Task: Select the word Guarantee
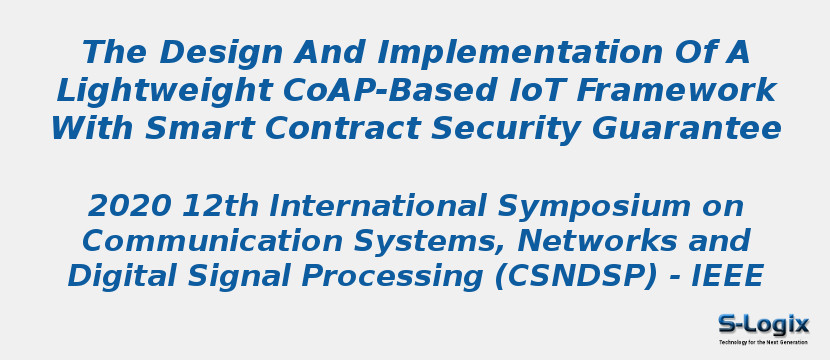pos(684,129)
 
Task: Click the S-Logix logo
pos(763,327)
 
